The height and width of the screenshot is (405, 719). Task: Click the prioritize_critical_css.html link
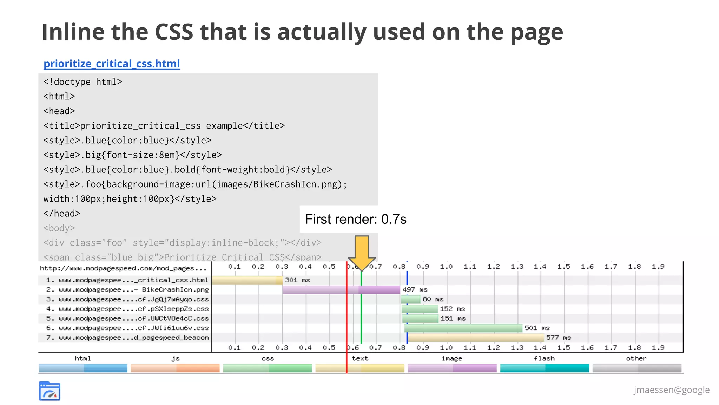pyautogui.click(x=112, y=64)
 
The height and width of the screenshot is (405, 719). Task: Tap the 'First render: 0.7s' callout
pyautogui.click(x=355, y=219)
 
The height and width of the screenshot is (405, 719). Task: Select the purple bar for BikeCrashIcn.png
pyautogui.click(x=341, y=290)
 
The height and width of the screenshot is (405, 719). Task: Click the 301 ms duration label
pyautogui.click(x=297, y=280)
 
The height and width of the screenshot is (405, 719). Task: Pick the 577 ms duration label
pyautogui.click(x=559, y=338)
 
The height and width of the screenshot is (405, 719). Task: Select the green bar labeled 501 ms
pyautogui.click(x=463, y=328)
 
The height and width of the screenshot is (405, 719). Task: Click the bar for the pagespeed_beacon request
pyautogui.click(x=476, y=338)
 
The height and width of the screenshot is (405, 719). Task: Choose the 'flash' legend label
pyautogui.click(x=544, y=358)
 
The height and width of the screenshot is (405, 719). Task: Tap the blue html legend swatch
pyautogui.click(x=83, y=368)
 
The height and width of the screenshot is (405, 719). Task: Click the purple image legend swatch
pyautogui.click(x=452, y=368)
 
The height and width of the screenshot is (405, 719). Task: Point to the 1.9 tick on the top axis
pyautogui.click(x=658, y=267)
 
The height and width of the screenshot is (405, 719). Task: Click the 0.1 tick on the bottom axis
pyautogui.click(x=235, y=347)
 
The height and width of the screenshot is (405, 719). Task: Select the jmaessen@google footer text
pyautogui.click(x=671, y=390)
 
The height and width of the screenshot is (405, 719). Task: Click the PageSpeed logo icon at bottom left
pyautogui.click(x=50, y=391)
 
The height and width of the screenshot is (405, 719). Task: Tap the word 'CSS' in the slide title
pyautogui.click(x=174, y=32)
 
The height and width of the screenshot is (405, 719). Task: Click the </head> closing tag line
pyautogui.click(x=62, y=214)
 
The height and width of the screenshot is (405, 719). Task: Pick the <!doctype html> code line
pyautogui.click(x=83, y=82)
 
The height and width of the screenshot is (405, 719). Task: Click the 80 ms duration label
pyautogui.click(x=433, y=299)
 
